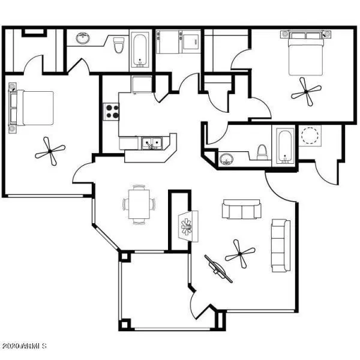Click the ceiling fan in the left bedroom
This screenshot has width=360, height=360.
point(49,151)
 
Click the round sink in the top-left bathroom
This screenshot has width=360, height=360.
point(82,39)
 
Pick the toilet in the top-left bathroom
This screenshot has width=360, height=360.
point(118,44)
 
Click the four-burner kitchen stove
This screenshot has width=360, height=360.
point(112,111)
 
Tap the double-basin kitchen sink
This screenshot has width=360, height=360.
point(152,143)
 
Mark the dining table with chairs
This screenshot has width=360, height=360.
point(139,204)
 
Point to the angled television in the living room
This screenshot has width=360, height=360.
point(218,268)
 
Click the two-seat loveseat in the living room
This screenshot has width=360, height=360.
point(242,209)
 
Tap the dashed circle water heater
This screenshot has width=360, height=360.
point(310,135)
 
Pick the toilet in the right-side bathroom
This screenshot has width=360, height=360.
point(262,152)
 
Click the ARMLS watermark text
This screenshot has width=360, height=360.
point(25,346)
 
